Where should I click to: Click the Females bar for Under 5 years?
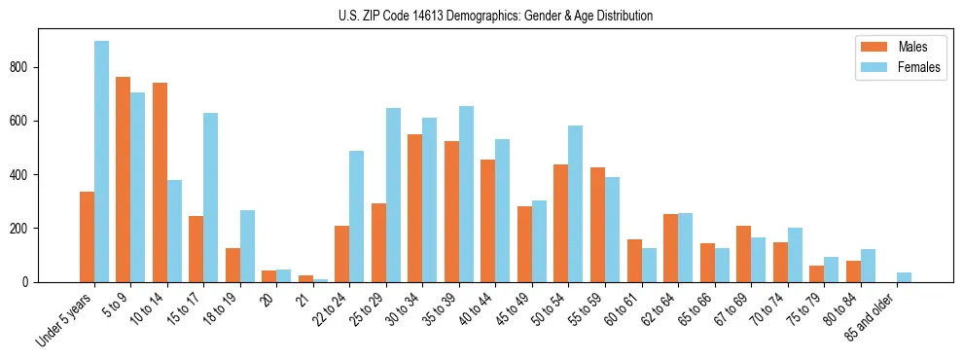click(101, 162)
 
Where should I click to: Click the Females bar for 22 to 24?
click(357, 216)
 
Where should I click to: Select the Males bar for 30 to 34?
click(415, 208)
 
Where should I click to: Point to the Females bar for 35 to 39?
click(466, 194)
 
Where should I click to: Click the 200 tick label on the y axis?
click(21, 229)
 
